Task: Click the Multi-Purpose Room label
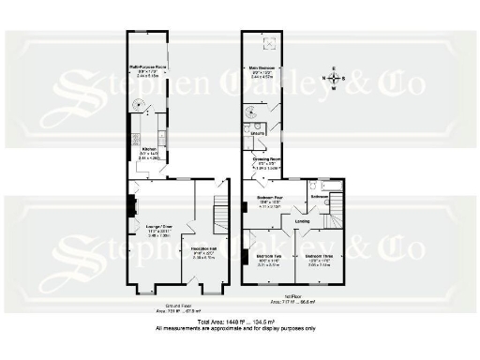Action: pyautogui.click(x=148, y=67)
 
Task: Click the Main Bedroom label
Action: pyautogui.click(x=262, y=67)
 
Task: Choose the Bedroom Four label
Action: pyautogui.click(x=272, y=198)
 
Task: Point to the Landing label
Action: pyautogui.click(x=302, y=222)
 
